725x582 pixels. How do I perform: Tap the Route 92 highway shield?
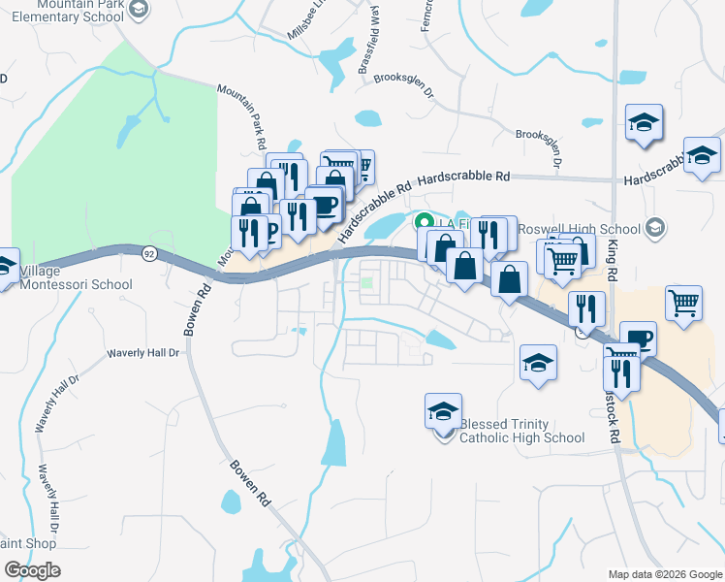[148, 254]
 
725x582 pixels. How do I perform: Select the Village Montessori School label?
[76, 278]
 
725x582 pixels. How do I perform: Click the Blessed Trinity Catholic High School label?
[521, 431]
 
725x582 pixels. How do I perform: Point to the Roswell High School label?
[580, 229]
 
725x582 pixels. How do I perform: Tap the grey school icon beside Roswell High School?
[655, 228]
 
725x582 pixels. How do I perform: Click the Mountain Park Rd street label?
[241, 115]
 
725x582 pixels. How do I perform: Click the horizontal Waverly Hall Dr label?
[143, 353]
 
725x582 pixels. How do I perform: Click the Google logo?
[31, 570]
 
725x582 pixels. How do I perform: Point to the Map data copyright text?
[664, 574]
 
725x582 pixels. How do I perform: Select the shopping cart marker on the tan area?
[684, 303]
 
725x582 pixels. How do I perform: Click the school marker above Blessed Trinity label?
[443, 411]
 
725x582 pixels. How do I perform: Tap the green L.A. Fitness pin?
[424, 222]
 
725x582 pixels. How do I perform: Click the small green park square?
[368, 284]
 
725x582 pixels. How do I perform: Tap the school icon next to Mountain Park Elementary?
[139, 9]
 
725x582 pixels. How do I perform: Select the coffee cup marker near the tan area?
[638, 339]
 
